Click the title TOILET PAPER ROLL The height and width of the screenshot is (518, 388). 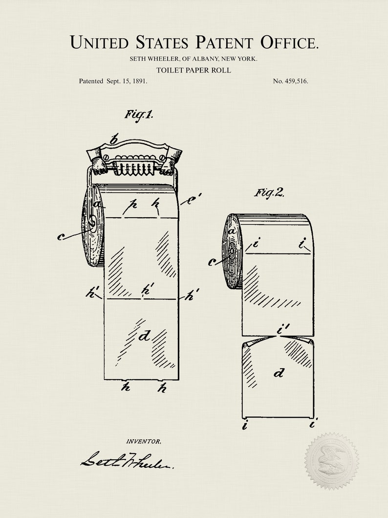[194, 70]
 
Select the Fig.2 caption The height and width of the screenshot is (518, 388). [269, 192]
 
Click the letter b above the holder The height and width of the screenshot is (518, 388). [114, 140]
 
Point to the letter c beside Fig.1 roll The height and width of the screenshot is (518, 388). [61, 237]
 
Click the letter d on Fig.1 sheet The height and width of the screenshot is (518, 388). [144, 336]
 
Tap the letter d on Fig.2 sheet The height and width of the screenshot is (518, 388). [279, 374]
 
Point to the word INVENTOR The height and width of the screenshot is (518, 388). [143, 441]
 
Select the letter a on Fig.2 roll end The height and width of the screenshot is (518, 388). [232, 229]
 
